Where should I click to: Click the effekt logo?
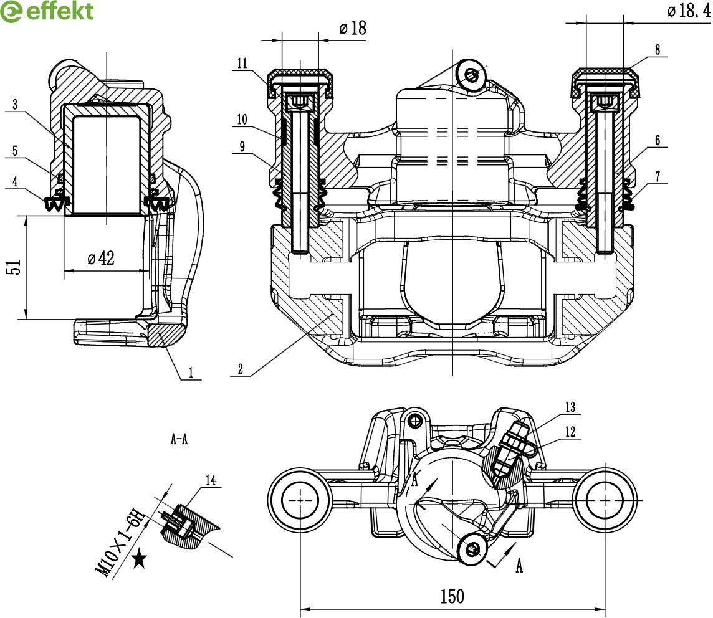pyautogui.click(x=47, y=11)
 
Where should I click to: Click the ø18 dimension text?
pyautogui.click(x=353, y=28)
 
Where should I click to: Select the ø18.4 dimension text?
pyautogui.click(x=688, y=11)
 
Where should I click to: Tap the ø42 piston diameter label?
pyautogui.click(x=100, y=258)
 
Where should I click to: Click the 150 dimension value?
pyautogui.click(x=452, y=596)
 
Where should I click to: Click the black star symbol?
pyautogui.click(x=140, y=559)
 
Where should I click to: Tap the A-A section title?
pyautogui.click(x=179, y=440)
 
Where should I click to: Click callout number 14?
pyautogui.click(x=211, y=480)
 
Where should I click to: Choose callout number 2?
pyautogui.click(x=240, y=368)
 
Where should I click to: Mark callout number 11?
pyautogui.click(x=242, y=63)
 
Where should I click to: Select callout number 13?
pyautogui.click(x=570, y=407)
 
